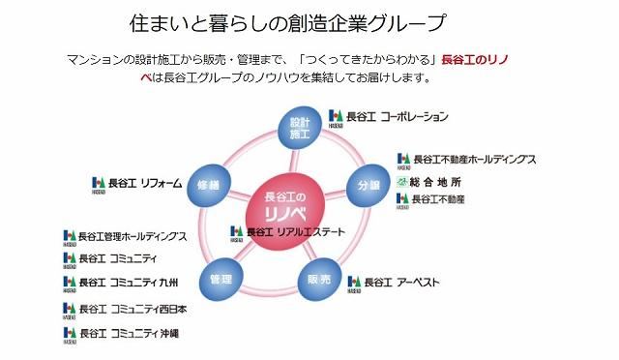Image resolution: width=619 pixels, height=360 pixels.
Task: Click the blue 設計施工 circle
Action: [x=300, y=129]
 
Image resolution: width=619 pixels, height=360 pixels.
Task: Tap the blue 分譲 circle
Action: [x=368, y=186]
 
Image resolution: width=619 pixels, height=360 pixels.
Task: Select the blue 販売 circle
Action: [x=319, y=280]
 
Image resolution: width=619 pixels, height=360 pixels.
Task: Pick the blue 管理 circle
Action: [x=221, y=280]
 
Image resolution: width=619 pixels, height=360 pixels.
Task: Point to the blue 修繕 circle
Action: [x=209, y=186]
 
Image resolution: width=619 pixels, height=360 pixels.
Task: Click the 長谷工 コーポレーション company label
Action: [x=398, y=116]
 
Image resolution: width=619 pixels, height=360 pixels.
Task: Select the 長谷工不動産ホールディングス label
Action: [x=475, y=160]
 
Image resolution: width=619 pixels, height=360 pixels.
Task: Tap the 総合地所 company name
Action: [x=435, y=182]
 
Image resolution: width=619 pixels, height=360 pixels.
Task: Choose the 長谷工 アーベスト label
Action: [x=401, y=283]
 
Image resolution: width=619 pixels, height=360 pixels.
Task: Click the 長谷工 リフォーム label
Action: [x=145, y=183]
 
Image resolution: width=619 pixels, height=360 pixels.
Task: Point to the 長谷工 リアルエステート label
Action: [x=296, y=232]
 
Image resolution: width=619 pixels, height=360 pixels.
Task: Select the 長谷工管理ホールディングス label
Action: [x=133, y=237]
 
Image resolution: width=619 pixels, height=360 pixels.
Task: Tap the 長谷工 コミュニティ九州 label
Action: [x=129, y=283]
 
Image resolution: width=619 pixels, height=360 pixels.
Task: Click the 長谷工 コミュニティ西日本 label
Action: [x=133, y=309]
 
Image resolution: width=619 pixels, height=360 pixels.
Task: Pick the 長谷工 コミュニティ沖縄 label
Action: [x=129, y=333]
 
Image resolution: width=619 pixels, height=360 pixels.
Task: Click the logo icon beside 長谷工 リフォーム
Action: [x=99, y=185]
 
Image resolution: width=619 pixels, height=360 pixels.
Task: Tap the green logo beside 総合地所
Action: [x=402, y=182]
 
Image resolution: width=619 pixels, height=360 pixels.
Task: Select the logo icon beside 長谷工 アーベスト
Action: [x=354, y=285]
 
